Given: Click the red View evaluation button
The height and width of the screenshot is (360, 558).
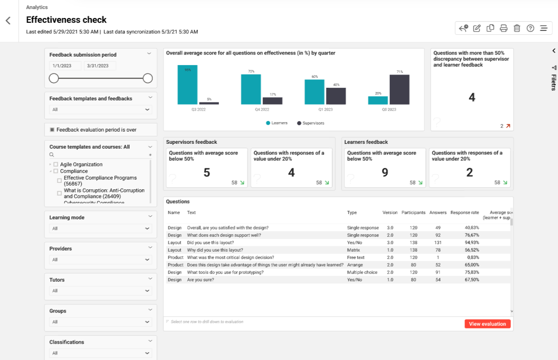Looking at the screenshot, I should (487, 324).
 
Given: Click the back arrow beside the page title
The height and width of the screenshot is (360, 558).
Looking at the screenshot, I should (8, 21).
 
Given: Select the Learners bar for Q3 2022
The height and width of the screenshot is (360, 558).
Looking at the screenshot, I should (187, 85).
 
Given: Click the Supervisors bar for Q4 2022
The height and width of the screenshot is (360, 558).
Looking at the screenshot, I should (272, 100).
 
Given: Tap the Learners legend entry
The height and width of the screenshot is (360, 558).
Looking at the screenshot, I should (276, 123).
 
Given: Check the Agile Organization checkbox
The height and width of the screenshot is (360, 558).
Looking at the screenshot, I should (56, 164).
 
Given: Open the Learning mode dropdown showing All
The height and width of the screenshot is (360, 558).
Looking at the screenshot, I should (100, 228).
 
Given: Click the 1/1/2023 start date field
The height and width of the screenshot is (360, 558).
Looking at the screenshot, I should (65, 66).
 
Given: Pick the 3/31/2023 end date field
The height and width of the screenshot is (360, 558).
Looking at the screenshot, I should (100, 66).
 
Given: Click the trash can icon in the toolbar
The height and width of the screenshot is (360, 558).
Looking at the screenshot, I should (517, 29).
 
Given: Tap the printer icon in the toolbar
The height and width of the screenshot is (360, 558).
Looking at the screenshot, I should (504, 29).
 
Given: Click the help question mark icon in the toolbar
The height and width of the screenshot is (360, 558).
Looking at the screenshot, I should (530, 29).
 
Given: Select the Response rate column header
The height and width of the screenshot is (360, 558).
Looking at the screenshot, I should (464, 213).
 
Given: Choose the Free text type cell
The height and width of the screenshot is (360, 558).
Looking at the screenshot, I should (356, 257).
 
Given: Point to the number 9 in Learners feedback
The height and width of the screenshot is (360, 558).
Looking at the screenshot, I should (385, 172).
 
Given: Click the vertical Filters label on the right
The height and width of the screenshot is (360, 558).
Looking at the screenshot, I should (553, 82).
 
